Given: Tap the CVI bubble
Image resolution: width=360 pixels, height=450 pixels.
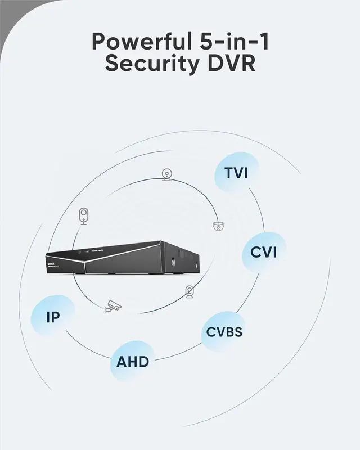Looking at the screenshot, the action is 264,251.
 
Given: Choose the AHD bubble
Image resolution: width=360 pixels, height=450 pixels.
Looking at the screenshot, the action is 133,361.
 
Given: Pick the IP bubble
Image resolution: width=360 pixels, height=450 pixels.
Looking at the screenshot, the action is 53,317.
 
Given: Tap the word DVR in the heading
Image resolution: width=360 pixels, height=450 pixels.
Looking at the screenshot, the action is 228,64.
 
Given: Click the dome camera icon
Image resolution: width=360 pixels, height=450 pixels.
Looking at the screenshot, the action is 218,226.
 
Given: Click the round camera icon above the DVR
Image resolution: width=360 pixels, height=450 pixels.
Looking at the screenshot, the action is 166,175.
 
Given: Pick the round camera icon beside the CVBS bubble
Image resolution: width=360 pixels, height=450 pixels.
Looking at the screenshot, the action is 190,291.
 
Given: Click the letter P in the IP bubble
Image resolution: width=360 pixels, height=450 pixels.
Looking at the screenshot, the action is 56,317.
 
